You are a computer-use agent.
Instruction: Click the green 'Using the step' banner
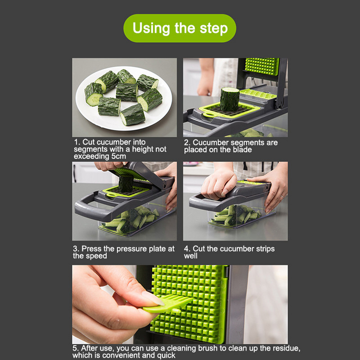[180, 28]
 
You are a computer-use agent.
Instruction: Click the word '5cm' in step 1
[119, 156]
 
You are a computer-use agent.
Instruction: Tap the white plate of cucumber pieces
[124, 98]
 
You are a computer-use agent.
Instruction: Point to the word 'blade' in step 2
[242, 150]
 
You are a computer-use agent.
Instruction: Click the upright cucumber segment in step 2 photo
[229, 99]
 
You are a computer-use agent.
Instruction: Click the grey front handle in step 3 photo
[92, 209]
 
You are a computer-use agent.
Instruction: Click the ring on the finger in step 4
[282, 196]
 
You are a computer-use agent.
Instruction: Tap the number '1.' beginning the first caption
[77, 142]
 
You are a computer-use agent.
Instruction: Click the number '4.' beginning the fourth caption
[187, 249]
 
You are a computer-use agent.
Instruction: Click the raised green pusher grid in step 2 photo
[262, 67]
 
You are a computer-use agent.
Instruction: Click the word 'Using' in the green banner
[151, 28]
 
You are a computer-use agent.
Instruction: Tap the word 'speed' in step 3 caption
[96, 256]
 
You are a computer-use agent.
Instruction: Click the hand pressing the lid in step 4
[219, 184]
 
